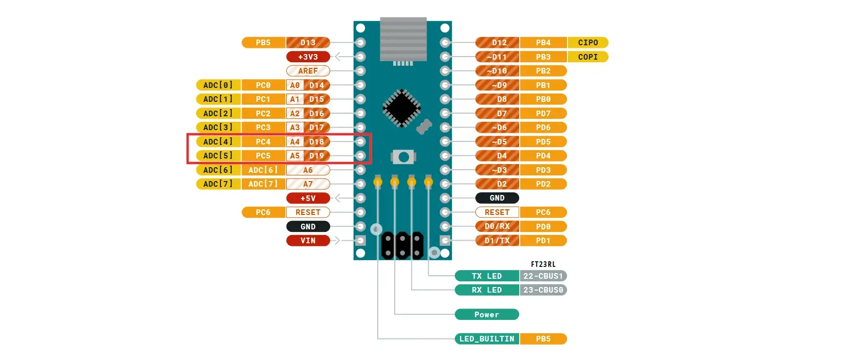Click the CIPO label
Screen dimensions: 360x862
pos(588,43)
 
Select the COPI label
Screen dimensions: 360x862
pos(588,57)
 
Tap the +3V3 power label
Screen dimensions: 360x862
pos(308,57)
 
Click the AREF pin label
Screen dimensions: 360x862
pos(308,71)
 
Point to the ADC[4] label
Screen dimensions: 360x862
pos(218,141)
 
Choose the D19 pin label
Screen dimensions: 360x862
pos(317,156)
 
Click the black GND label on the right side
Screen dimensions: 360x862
pos(497,198)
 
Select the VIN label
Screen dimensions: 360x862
pos(308,241)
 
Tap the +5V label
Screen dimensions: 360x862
pos(308,198)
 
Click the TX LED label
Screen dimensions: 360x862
pos(487,276)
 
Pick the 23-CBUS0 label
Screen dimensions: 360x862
pos(543,290)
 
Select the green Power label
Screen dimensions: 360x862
pos(487,315)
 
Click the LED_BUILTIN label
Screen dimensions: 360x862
pos(487,339)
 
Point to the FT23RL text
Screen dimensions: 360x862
pos(543,264)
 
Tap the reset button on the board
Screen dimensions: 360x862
pos(404,157)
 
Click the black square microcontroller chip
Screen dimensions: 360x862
pos(402,108)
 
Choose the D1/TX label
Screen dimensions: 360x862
pos(497,241)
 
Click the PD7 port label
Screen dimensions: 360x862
pos(543,114)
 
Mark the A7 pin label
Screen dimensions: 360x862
pos(308,184)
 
